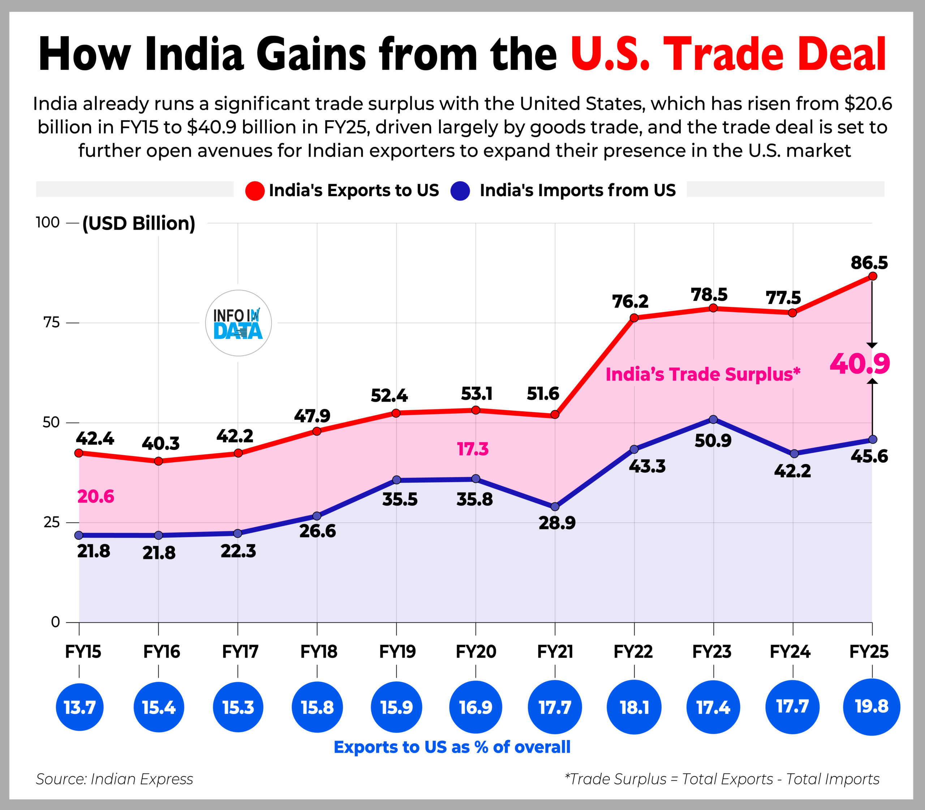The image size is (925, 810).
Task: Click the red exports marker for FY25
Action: (873, 276)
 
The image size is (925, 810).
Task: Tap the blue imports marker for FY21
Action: (555, 507)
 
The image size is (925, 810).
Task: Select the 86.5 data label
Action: (869, 263)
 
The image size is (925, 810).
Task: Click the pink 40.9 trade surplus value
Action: (859, 363)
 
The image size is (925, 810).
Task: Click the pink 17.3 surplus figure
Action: (473, 449)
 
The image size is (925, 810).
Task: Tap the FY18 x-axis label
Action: (318, 652)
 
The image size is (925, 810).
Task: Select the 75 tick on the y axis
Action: (51, 323)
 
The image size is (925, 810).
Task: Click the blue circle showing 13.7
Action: (79, 707)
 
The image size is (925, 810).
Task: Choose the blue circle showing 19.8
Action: (872, 706)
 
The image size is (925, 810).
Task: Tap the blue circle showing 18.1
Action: (634, 707)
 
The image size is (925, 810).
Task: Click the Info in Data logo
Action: (238, 323)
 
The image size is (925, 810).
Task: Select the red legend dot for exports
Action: (255, 191)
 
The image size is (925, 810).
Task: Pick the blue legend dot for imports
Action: (460, 191)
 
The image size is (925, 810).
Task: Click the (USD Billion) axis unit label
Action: (138, 223)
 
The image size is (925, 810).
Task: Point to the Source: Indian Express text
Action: (115, 779)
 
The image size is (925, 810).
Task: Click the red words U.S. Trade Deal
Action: (728, 54)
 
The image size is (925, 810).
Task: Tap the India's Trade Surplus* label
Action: (702, 374)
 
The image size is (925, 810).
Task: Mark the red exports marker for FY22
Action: (634, 318)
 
